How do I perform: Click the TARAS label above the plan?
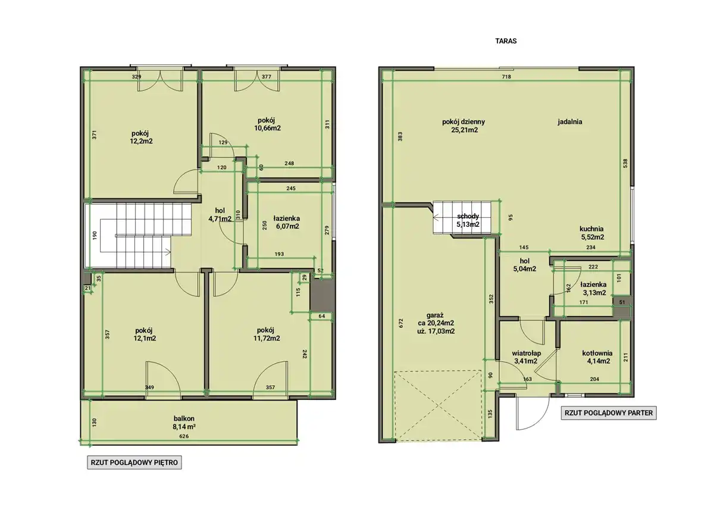[506, 41]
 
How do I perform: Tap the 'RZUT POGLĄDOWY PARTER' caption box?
[609, 412]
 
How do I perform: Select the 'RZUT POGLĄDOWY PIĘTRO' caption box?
[134, 462]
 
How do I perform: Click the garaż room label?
[436, 323]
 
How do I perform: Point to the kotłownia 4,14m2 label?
[597, 357]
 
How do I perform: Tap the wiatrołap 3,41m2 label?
[526, 357]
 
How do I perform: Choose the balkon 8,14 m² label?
[184, 423]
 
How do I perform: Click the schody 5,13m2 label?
[468, 220]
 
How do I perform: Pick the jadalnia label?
[570, 121]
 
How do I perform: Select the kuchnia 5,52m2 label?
[591, 233]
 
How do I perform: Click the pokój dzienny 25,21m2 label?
[464, 126]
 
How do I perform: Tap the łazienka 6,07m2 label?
[287, 222]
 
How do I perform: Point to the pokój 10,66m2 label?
[267, 124]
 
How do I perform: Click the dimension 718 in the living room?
[506, 77]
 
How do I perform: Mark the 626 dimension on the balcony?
[184, 436]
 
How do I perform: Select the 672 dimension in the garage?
[401, 323]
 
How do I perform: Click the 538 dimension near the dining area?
[625, 164]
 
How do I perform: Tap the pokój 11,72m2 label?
[267, 334]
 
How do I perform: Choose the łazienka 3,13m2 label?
[593, 289]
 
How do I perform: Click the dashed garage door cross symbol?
[438, 406]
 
